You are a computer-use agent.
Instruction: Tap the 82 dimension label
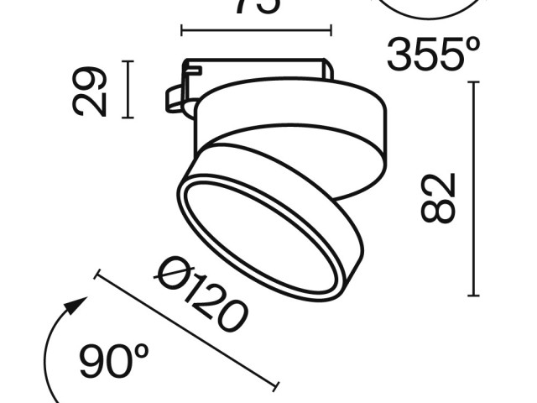(439, 198)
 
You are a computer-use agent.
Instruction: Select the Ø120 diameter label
(202, 294)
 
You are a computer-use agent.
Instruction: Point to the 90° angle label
(114, 362)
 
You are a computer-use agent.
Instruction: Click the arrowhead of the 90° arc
(79, 304)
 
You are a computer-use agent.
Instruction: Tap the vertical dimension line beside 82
(474, 189)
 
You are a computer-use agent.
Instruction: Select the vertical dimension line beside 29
(128, 89)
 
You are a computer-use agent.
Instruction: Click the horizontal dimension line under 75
(256, 32)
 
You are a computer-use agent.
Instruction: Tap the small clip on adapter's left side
(175, 97)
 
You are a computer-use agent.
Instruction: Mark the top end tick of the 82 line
(474, 82)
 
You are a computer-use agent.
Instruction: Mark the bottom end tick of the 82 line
(474, 296)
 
